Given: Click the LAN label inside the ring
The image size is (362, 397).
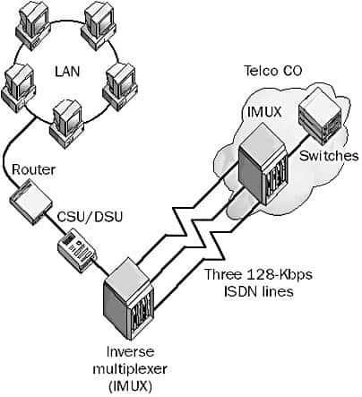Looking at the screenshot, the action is pyautogui.click(x=67, y=72).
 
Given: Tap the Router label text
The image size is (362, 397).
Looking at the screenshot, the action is pyautogui.click(x=34, y=169).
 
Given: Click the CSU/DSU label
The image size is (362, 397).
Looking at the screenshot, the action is pyautogui.click(x=90, y=216).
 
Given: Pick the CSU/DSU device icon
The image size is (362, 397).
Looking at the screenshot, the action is pyautogui.click(x=77, y=250).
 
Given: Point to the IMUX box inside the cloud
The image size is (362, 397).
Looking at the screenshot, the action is pyautogui.click(x=263, y=164).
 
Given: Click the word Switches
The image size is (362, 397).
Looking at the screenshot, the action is pyautogui.click(x=329, y=156).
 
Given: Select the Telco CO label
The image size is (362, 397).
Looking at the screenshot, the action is pyautogui.click(x=273, y=71).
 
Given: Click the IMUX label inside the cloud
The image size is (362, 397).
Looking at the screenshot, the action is pyautogui.click(x=265, y=112).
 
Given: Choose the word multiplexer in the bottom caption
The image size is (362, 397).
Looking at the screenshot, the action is pyautogui.click(x=130, y=369).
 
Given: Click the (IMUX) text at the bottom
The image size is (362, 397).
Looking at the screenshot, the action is pyautogui.click(x=130, y=386).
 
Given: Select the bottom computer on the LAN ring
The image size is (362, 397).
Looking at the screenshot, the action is pyautogui.click(x=67, y=124).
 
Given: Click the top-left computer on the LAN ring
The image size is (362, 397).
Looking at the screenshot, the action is pyautogui.click(x=32, y=24).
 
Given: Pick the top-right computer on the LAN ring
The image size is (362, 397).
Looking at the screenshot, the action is pyautogui.click(x=99, y=24).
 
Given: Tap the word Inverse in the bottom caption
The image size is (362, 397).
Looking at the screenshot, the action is pyautogui.click(x=131, y=351).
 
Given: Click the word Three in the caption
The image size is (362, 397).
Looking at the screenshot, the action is pyautogui.click(x=223, y=274).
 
